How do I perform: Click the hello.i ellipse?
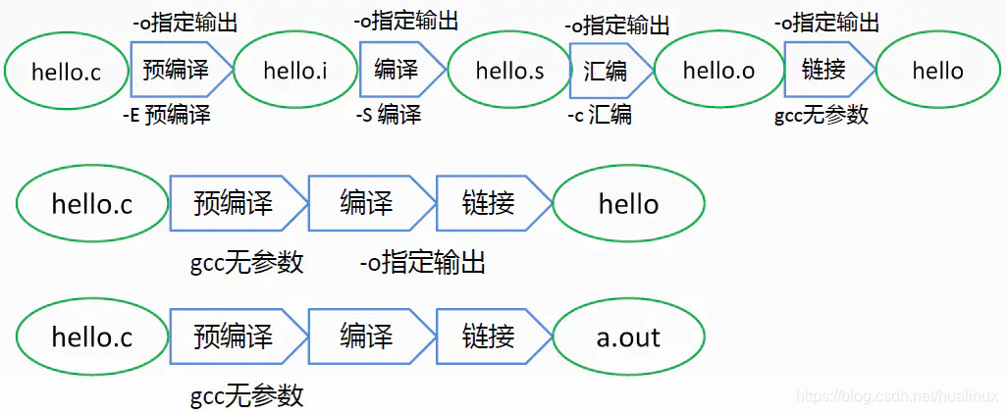pos(295,70)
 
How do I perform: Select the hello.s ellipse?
pos(509,70)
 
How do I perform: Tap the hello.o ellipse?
pos(718,70)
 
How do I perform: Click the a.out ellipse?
pos(628,336)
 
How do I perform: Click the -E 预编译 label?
pos(166,115)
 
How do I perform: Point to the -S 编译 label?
pos(389,115)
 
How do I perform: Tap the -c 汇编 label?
pos(600,115)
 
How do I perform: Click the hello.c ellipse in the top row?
pos(66,71)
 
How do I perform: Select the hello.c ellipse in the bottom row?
pos(92,336)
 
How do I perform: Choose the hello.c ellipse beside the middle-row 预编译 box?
pos(92,203)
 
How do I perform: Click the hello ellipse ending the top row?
pos(937,70)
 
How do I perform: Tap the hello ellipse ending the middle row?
pos(628,203)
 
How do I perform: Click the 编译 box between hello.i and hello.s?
pos(397,70)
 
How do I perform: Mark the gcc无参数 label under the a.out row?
pos(246,395)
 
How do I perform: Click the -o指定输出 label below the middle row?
pos(422,262)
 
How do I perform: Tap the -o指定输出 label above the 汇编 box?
pos(618,24)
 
